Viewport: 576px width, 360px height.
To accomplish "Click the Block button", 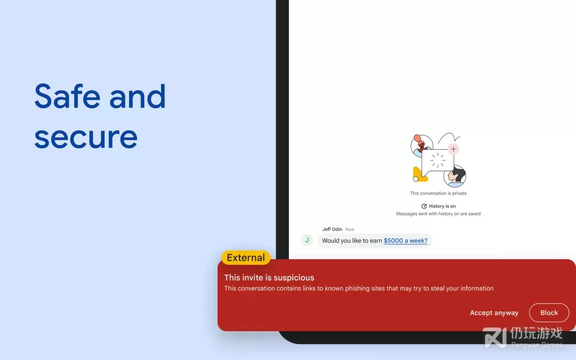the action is (x=549, y=313).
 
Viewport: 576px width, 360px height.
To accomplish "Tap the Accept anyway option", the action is (x=494, y=313).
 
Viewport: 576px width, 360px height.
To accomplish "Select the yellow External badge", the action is (x=246, y=258).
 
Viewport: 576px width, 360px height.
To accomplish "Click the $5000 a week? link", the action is (x=405, y=241).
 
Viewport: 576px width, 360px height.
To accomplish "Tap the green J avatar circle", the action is (x=307, y=240).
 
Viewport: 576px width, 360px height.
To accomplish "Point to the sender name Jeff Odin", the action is (x=332, y=229).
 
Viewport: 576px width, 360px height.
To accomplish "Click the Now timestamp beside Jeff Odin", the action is (x=350, y=229).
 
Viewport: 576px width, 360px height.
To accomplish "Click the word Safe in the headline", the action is (x=67, y=96).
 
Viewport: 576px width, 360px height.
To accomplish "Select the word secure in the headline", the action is (x=86, y=138).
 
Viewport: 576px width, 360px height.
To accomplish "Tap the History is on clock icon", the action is (x=424, y=206).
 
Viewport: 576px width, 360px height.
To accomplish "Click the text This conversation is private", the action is (x=438, y=193).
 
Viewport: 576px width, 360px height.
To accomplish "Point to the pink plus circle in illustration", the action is (x=453, y=149).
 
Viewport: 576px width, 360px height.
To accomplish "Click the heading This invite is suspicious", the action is (x=269, y=277).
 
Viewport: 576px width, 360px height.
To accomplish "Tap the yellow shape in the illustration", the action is (x=420, y=174).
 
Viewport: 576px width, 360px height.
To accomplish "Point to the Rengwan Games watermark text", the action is (x=537, y=345).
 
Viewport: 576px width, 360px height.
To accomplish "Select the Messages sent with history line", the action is (x=438, y=214).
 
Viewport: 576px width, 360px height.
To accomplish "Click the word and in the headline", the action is (x=138, y=96).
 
